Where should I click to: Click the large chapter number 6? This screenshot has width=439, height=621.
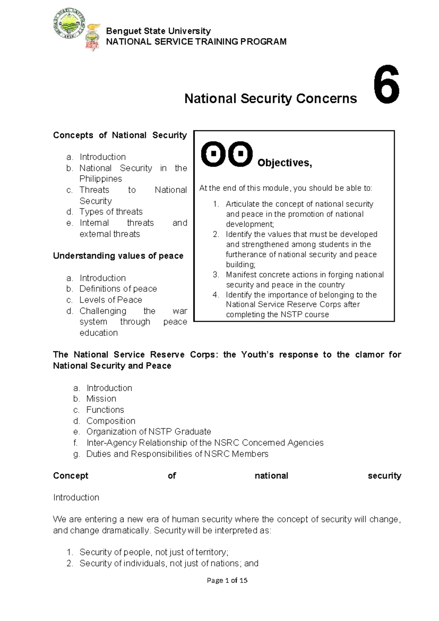click(386, 85)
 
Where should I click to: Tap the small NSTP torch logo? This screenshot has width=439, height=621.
click(93, 38)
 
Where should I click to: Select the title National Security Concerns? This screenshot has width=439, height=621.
click(270, 98)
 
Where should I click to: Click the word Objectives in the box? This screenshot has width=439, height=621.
click(284, 163)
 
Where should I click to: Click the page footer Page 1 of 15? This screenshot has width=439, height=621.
click(227, 580)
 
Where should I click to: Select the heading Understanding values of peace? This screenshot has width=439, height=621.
click(118, 256)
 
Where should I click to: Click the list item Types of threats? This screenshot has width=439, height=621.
click(111, 212)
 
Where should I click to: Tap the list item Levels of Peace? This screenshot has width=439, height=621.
click(110, 300)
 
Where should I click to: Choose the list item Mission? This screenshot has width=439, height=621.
click(101, 399)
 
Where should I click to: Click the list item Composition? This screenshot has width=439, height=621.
click(110, 421)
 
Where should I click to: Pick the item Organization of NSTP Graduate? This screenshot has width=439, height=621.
click(149, 432)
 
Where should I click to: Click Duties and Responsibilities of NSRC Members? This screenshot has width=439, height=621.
click(177, 454)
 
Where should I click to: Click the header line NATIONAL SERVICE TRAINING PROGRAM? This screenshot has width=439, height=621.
click(196, 42)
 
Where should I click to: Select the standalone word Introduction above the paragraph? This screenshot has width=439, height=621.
click(76, 497)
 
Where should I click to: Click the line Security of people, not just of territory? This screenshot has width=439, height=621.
click(154, 552)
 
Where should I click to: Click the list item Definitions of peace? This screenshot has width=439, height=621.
click(118, 289)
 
